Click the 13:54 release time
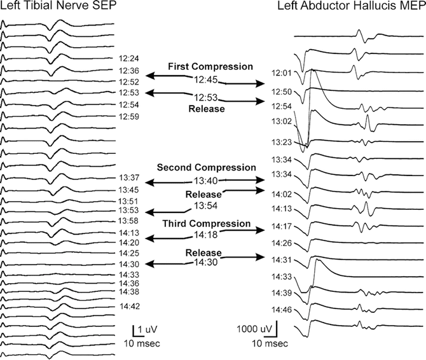click(206, 205)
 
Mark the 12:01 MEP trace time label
click(280, 73)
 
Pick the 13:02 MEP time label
click(280, 121)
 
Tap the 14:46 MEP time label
click(280, 309)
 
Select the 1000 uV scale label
click(256, 330)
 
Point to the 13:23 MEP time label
click(280, 142)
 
